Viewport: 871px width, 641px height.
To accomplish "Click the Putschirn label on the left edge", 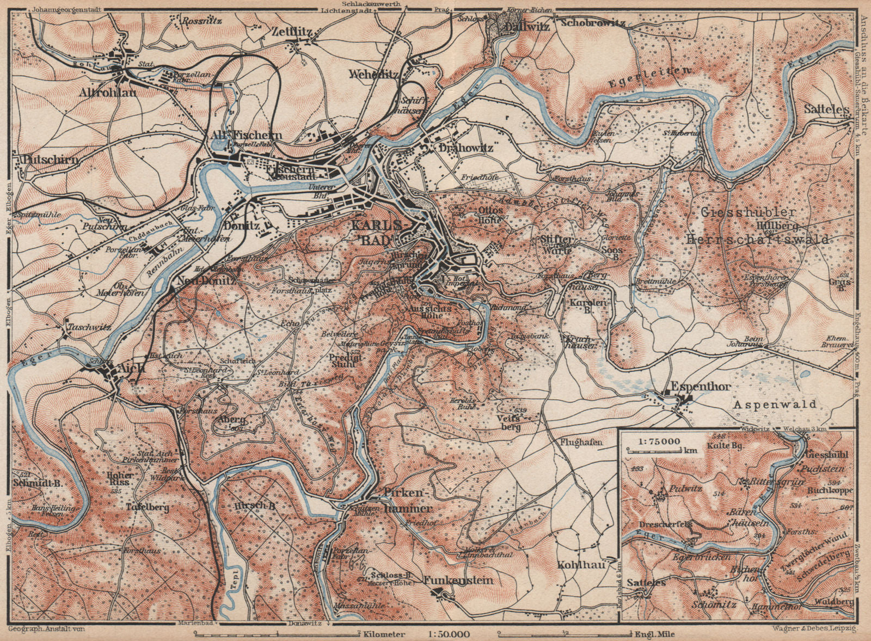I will click(x=47, y=160).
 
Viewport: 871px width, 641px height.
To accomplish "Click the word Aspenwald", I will click(x=782, y=405).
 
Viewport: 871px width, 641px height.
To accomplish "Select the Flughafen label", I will click(x=581, y=442).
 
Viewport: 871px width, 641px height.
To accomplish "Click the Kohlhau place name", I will click(x=580, y=565).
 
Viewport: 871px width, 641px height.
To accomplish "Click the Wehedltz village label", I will click(x=375, y=74).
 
